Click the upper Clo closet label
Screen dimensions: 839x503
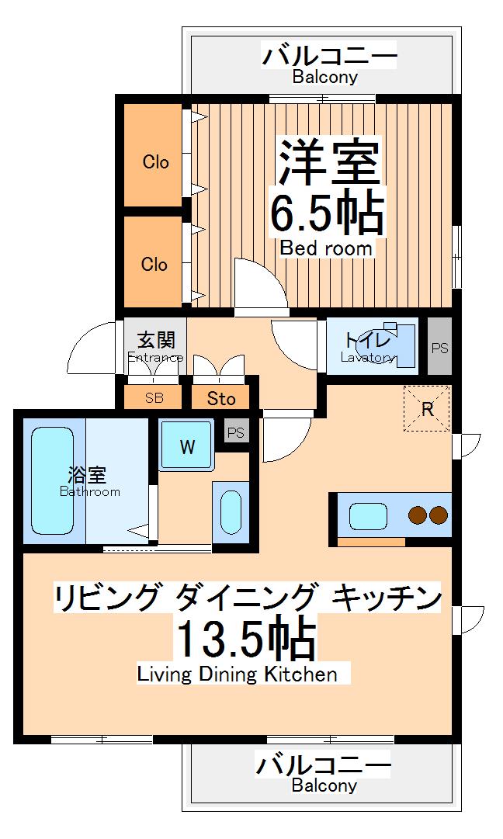(x=155, y=162)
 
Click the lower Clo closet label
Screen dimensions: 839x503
(x=154, y=264)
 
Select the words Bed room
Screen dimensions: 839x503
(x=326, y=248)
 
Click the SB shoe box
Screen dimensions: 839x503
(x=154, y=398)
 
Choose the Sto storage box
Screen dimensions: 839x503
(x=221, y=399)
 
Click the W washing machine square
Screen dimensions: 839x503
(x=186, y=446)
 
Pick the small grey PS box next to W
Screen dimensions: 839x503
(x=235, y=432)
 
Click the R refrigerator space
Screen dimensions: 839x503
(x=427, y=409)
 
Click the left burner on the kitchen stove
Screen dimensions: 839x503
(x=418, y=515)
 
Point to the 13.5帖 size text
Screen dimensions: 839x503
(x=245, y=640)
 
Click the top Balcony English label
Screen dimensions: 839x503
(x=325, y=77)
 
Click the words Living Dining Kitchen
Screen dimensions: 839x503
(x=238, y=674)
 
